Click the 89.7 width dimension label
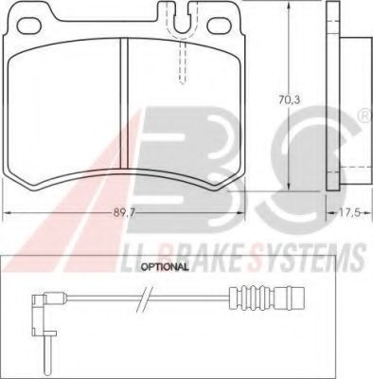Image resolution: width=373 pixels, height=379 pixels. click(124, 213)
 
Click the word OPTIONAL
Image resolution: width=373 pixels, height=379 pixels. click(165, 267)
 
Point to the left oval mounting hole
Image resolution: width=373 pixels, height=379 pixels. click(29, 26)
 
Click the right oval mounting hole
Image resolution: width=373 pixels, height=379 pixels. click(220, 26)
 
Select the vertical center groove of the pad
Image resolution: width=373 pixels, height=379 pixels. click(124, 104)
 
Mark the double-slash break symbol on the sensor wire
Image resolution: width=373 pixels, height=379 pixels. click(145, 299)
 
